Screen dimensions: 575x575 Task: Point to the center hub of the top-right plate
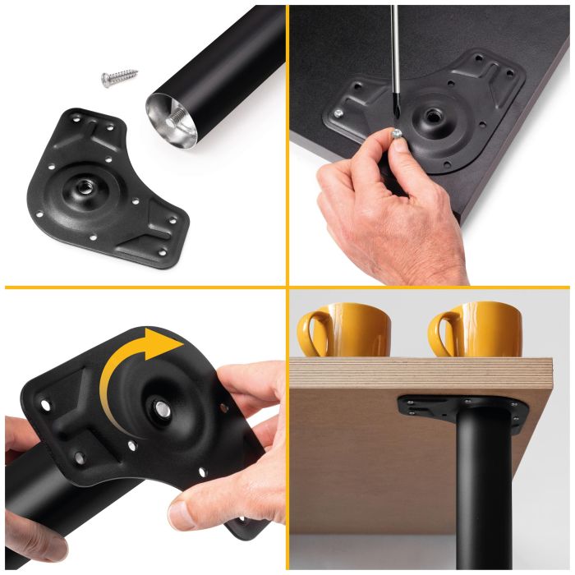(x=427, y=113)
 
